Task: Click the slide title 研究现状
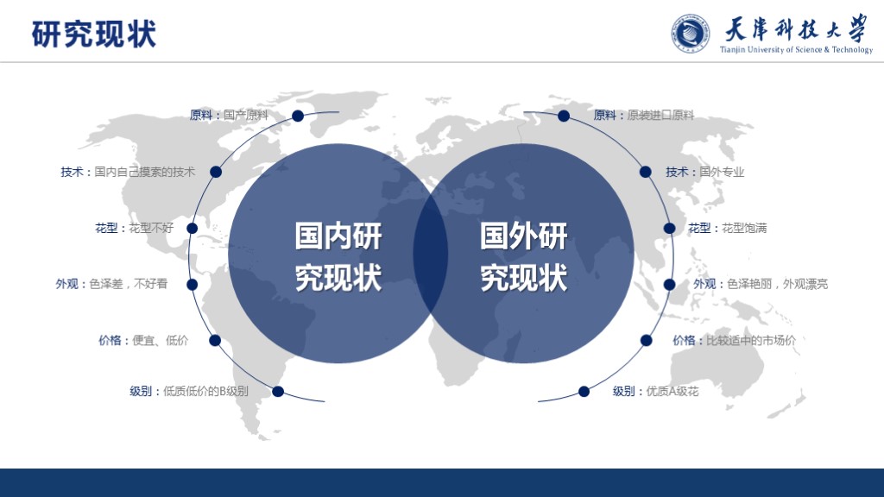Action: (93, 34)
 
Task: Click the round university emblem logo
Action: (690, 34)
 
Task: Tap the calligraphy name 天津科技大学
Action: (795, 28)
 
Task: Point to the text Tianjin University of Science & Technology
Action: (796, 49)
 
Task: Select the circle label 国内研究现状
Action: (338, 257)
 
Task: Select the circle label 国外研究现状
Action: (524, 257)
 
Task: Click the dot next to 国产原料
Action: (298, 116)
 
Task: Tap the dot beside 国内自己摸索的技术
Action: (215, 172)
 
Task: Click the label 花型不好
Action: (151, 228)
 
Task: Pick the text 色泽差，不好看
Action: (129, 284)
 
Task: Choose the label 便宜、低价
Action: (160, 340)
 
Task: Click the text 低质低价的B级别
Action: (205, 391)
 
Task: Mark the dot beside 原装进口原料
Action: (563, 116)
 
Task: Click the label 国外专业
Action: (722, 172)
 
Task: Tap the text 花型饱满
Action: (744, 228)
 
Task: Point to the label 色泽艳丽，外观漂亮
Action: (778, 284)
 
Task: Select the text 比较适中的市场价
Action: (751, 340)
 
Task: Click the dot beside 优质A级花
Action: (584, 392)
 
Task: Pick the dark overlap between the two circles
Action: (431, 254)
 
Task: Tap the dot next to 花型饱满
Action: (669, 228)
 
